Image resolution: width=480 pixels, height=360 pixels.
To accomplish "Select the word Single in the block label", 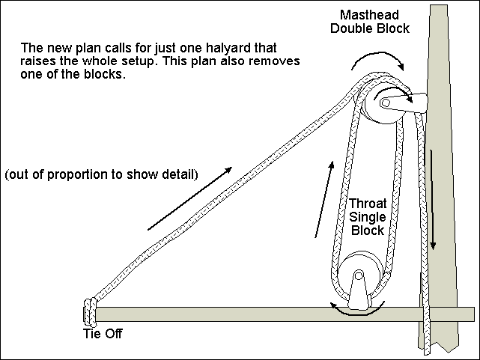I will coord(368,217).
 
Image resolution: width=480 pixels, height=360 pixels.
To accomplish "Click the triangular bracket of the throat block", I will coord(359,292).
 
